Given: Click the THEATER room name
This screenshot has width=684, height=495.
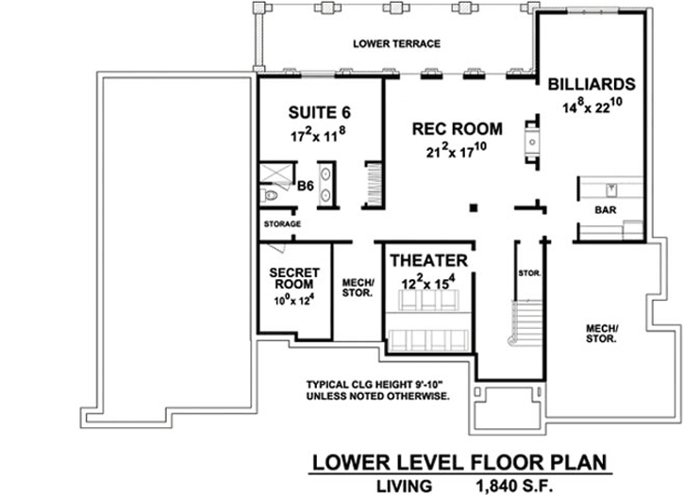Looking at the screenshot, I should [430, 259].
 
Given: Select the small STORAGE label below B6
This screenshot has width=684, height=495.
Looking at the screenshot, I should [282, 224].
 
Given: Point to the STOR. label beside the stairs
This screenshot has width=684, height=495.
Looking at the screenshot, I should [528, 273].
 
